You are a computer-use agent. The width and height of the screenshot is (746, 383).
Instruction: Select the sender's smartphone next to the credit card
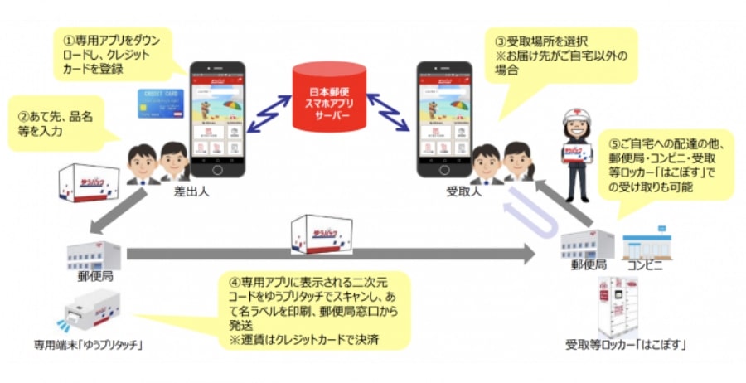coord(218,119)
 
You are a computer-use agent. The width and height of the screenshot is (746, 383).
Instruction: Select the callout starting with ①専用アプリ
coord(117,54)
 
